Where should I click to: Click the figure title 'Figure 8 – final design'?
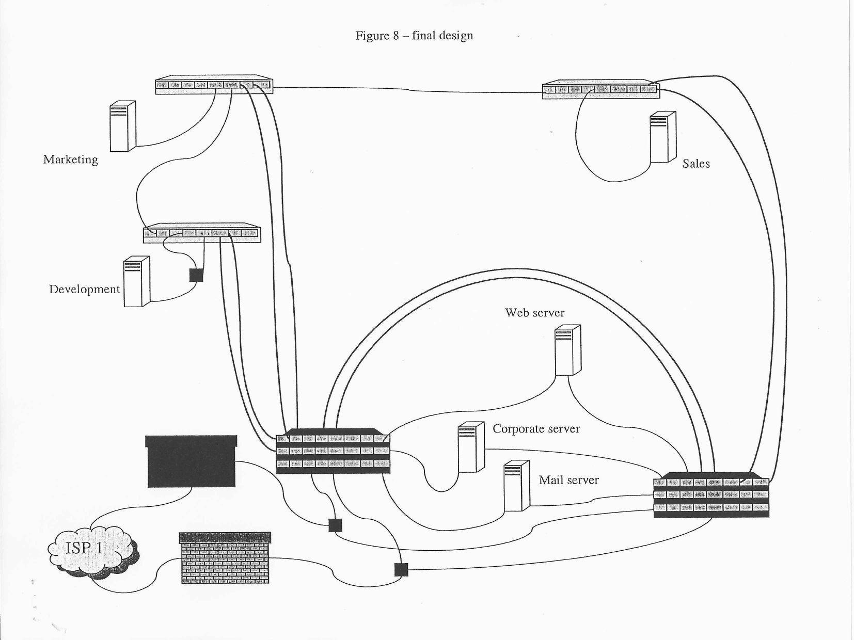point(414,36)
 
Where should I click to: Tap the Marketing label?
point(70,159)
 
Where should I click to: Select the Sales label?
point(696,164)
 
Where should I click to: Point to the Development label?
point(85,289)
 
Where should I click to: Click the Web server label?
point(534,313)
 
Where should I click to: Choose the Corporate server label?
point(536,428)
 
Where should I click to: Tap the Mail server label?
point(569,480)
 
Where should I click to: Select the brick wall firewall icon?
point(225,558)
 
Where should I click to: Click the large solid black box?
point(191,461)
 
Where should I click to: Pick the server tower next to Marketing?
point(123,126)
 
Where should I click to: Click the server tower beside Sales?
point(663,137)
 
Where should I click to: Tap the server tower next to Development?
point(136,281)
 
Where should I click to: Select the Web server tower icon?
point(567,350)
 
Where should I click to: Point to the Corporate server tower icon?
point(471,447)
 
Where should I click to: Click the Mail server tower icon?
point(517,486)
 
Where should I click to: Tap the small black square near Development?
point(196,275)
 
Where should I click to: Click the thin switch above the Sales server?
point(601,89)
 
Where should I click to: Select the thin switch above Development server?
point(202,233)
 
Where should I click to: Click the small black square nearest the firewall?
point(401,570)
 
